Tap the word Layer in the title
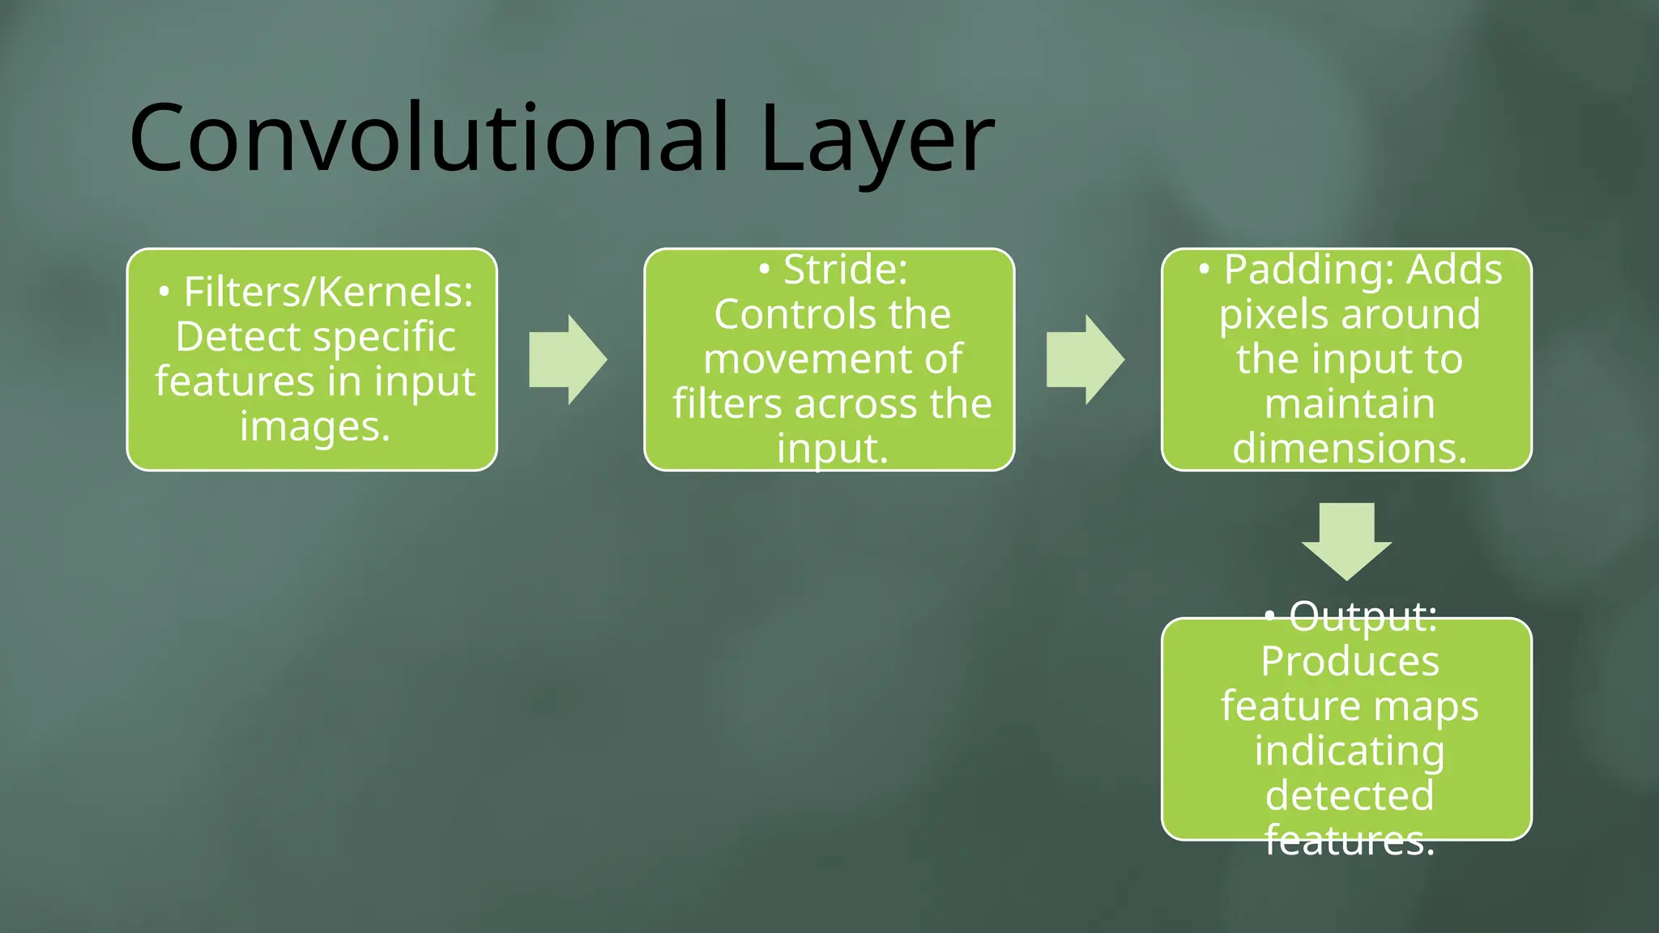[877, 142]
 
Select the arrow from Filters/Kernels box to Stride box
[568, 360]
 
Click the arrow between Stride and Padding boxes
[1085, 360]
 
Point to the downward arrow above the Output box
[1346, 540]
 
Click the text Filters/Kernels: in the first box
[328, 292]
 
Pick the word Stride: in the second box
[845, 269]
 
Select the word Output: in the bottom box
[1363, 616]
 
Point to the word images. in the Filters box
[315, 426]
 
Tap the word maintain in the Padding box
[1350, 403]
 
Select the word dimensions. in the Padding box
[1350, 448]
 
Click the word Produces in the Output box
[1350, 661]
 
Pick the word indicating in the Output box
[1350, 751]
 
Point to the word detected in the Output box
[1350, 795]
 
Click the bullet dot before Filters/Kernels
[164, 292]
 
